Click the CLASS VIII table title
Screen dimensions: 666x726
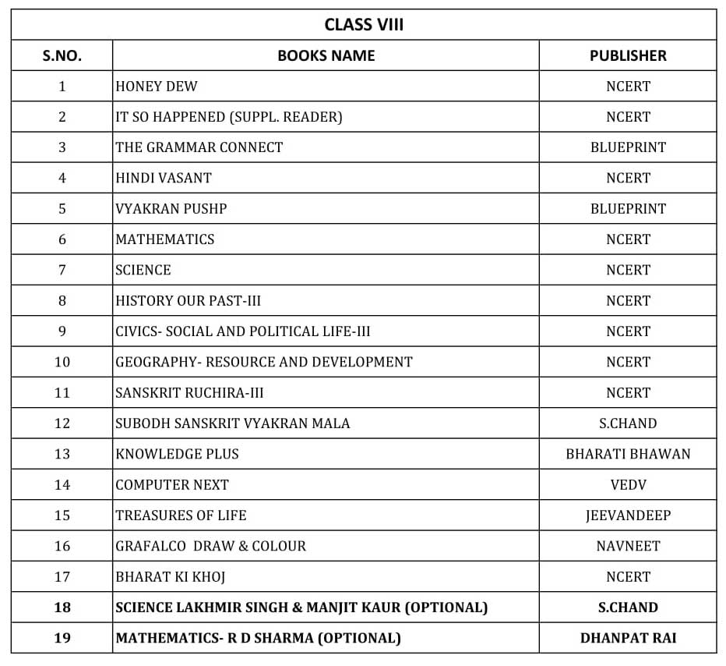pos(364,24)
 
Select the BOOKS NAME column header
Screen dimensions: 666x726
pos(326,55)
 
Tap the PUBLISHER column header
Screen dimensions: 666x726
pos(628,55)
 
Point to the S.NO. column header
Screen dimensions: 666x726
pos(62,55)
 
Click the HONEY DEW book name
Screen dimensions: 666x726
pos(156,86)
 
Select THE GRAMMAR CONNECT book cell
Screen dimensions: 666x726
pos(199,147)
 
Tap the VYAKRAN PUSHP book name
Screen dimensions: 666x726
pos(171,209)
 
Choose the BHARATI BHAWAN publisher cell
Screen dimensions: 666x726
pos(628,454)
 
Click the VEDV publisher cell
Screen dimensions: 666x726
pos(628,484)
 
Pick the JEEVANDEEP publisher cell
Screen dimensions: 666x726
pos(628,515)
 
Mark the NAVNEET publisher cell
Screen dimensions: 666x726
pos(628,546)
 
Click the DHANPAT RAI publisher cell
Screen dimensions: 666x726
pos(628,638)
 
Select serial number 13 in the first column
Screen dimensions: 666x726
pos(62,454)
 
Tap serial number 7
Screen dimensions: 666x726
pos(62,270)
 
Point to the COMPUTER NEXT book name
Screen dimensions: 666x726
pos(171,484)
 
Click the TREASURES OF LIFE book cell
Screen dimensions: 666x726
pos(181,515)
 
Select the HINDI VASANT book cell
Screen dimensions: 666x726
pos(164,178)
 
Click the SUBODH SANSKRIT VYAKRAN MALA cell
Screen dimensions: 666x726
pos(232,423)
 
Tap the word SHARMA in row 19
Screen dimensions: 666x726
pos(281,638)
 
